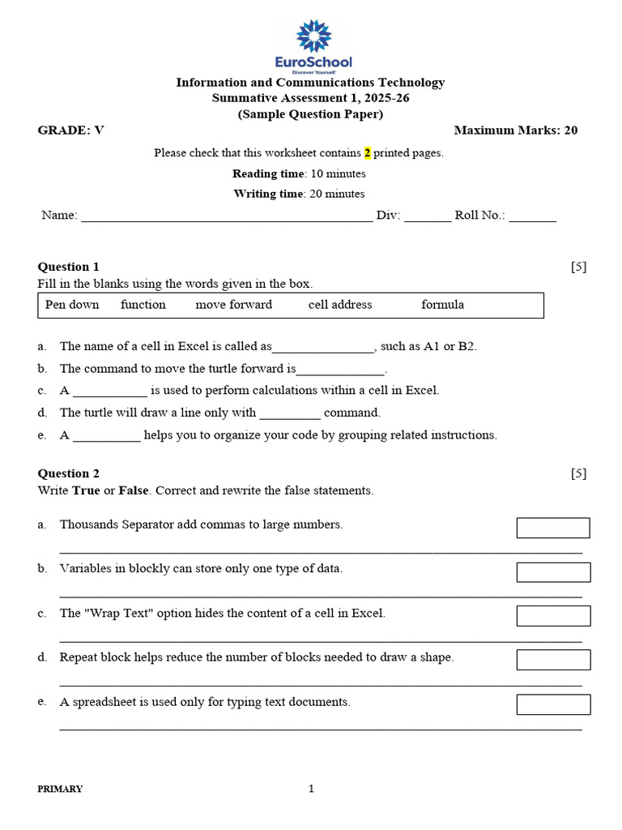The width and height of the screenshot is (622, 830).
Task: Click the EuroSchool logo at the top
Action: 313,46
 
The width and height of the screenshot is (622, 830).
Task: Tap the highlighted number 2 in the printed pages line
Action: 367,152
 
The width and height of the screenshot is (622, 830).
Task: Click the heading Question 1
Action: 69,267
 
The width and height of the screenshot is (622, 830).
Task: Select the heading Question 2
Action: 69,473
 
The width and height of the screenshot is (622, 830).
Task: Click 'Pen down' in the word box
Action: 72,305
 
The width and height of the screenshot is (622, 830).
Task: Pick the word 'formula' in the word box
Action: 442,305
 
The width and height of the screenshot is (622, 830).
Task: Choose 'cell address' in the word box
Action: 340,305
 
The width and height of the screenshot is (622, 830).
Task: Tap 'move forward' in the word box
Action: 233,305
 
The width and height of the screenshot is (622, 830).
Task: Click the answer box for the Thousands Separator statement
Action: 553,528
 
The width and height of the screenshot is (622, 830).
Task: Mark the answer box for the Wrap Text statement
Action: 553,616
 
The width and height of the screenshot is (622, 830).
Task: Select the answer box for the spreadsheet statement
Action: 553,704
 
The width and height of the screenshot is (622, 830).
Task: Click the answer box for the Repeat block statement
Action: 553,660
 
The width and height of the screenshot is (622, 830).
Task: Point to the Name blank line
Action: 227,216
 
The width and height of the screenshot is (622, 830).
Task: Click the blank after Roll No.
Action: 532,216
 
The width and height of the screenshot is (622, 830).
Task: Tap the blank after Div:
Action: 427,216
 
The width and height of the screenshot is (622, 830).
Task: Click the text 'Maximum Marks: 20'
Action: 515,130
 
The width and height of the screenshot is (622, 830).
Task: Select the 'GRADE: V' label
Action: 71,130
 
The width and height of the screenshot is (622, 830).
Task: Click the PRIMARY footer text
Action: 60,789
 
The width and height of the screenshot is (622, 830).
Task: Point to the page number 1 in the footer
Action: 311,789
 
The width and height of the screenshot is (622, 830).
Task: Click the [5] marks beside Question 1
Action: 578,267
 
